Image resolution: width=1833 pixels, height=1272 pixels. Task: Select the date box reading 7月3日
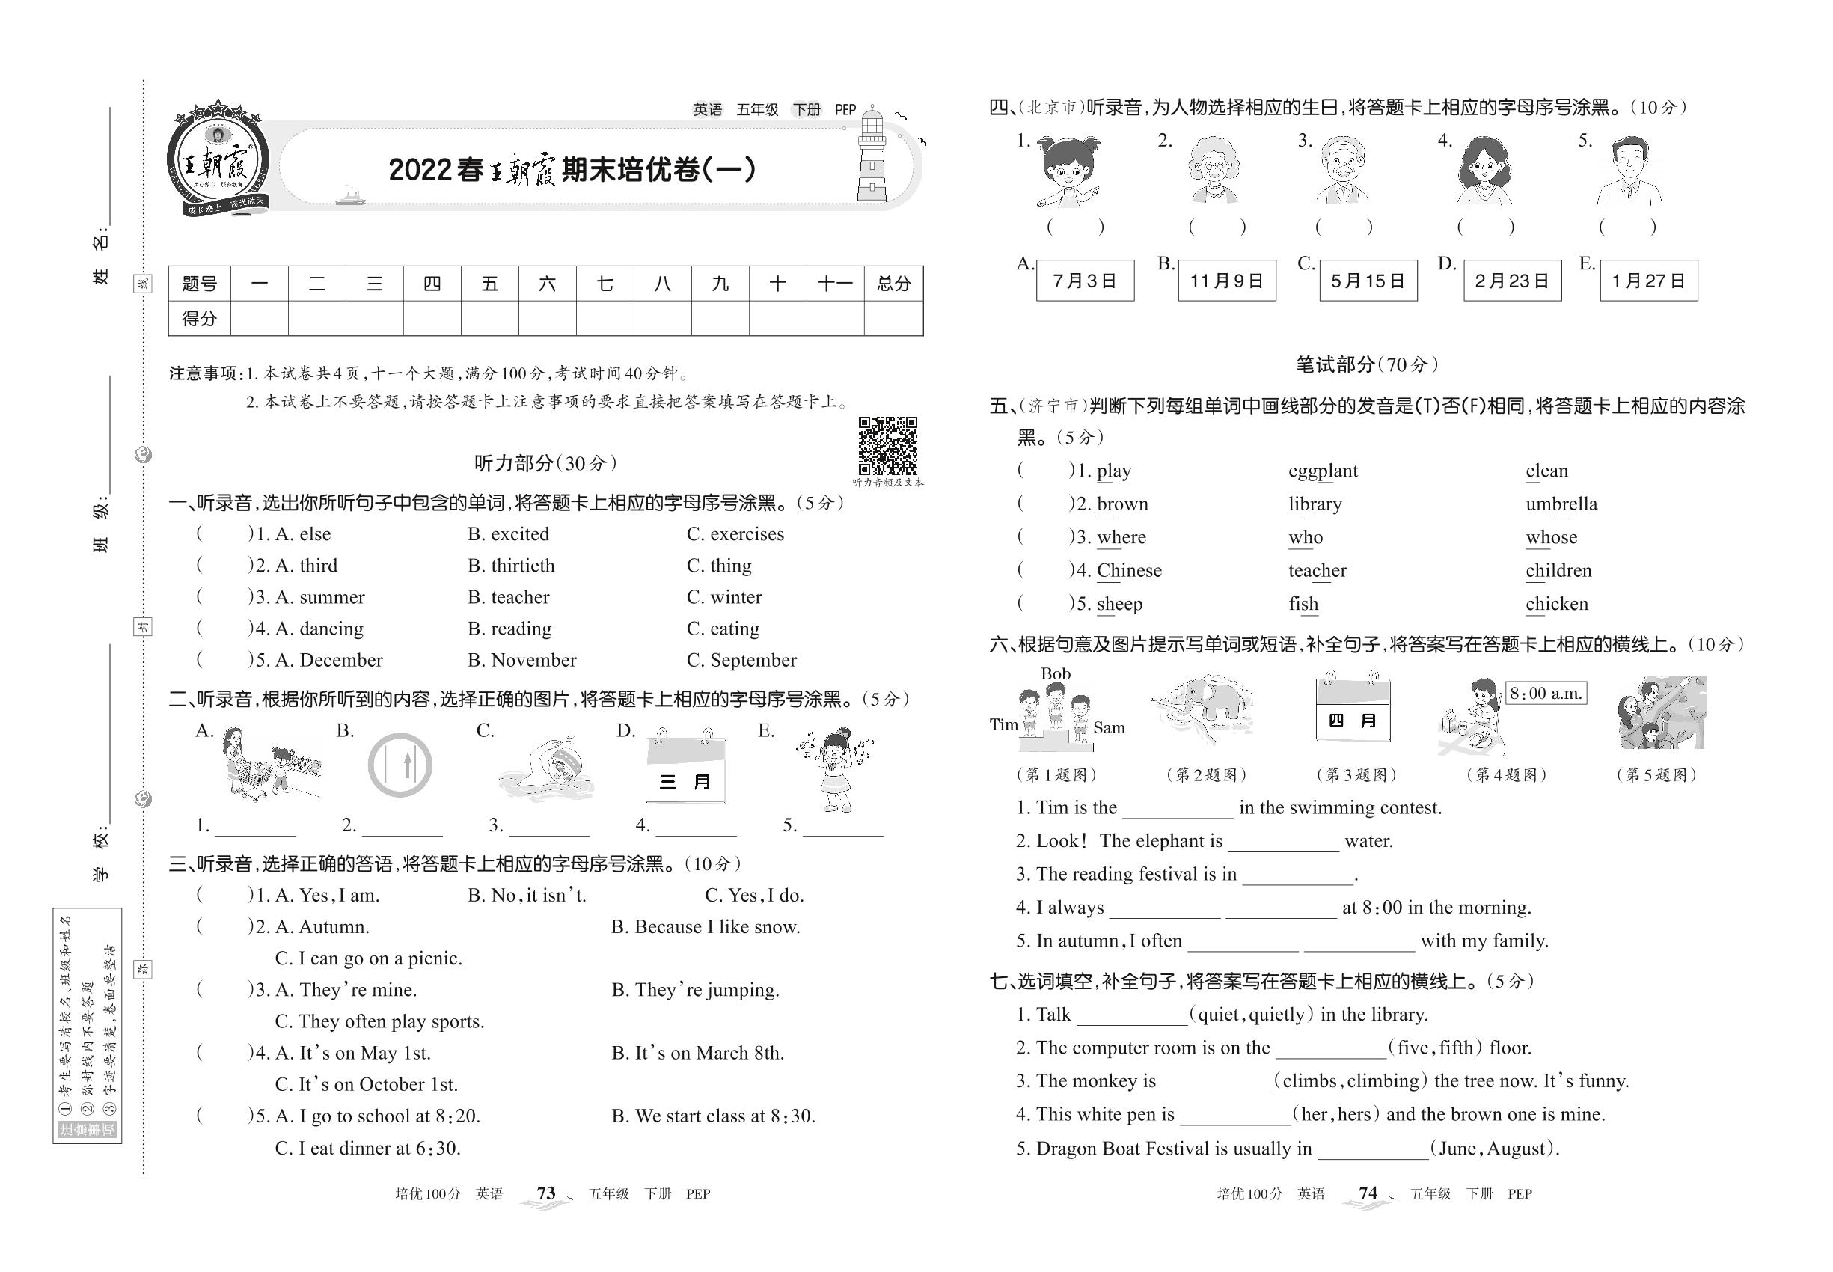(x=1085, y=281)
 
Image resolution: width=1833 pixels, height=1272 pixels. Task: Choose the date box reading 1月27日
(x=1648, y=281)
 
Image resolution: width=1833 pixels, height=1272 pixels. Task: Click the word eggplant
(x=1323, y=471)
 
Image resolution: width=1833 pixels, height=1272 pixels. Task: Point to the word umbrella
(x=1561, y=504)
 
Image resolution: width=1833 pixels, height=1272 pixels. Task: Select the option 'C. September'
(x=741, y=661)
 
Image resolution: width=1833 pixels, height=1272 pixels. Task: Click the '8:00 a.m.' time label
(x=1545, y=694)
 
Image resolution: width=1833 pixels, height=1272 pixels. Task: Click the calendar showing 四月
(x=1353, y=710)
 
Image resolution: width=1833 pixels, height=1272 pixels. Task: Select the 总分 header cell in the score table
(x=893, y=284)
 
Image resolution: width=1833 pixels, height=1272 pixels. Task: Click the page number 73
(x=546, y=1193)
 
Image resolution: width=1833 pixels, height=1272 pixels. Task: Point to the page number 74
(x=1368, y=1193)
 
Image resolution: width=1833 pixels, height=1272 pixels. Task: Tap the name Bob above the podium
(x=1055, y=674)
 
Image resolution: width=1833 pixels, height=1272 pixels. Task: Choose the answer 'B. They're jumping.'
(x=695, y=991)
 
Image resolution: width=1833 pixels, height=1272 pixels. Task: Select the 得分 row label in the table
(x=198, y=319)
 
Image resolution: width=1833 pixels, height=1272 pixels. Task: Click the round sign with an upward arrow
(x=400, y=766)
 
